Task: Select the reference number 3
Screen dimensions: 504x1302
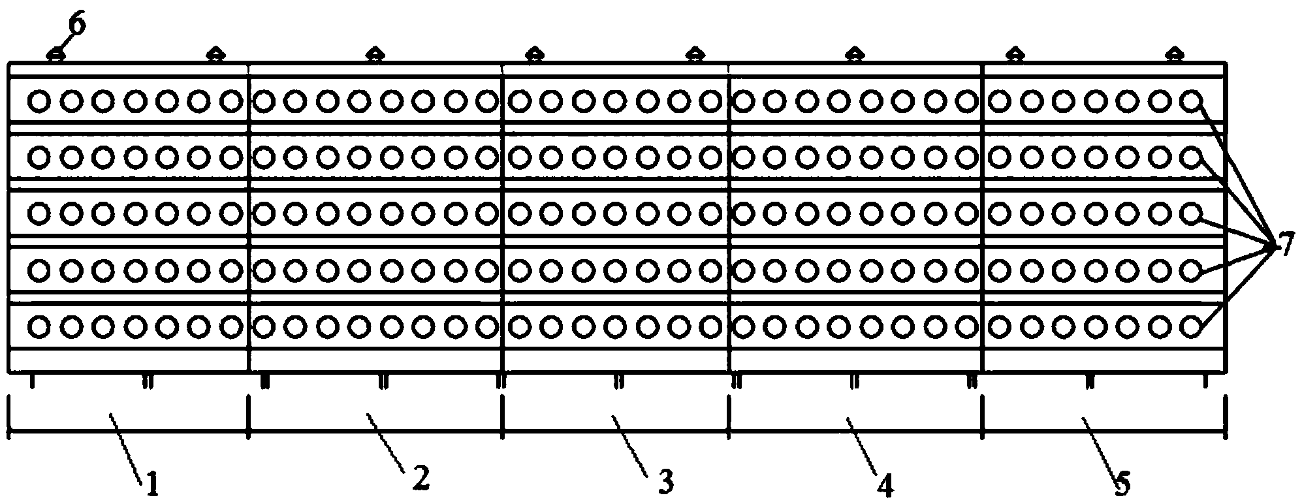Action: tap(665, 482)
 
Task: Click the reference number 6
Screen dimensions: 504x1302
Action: tap(77, 25)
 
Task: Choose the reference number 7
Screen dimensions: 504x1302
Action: tap(1284, 245)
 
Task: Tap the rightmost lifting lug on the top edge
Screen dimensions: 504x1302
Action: tap(1175, 54)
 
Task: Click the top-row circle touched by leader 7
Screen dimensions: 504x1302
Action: tap(1192, 101)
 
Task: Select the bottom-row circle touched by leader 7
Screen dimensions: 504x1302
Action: tap(1192, 325)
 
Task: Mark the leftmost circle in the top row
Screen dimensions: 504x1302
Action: tap(39, 101)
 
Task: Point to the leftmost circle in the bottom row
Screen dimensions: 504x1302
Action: tap(39, 325)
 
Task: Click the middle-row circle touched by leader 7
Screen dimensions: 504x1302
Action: tap(1192, 213)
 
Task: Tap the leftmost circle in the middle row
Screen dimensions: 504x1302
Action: tap(39, 213)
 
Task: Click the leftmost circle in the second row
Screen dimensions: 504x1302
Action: tap(39, 157)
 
